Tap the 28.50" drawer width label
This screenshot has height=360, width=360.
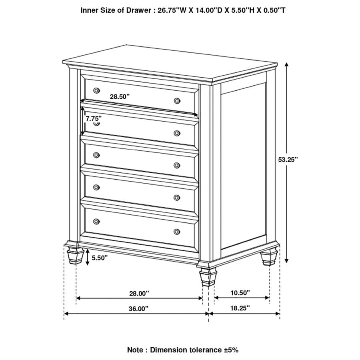coord(120,96)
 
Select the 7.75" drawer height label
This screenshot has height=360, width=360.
coord(93,118)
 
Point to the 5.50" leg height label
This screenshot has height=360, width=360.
coord(100,258)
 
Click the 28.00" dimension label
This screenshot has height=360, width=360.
coord(139,293)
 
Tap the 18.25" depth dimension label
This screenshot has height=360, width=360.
coord(240,308)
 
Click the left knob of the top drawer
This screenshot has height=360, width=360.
coord(96,90)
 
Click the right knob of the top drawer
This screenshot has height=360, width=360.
coord(177,100)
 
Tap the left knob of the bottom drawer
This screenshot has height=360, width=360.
coord(96,221)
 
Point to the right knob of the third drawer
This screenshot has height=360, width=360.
coord(177,165)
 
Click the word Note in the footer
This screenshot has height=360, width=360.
coord(136,350)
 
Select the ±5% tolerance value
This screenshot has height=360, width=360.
coord(230,350)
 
